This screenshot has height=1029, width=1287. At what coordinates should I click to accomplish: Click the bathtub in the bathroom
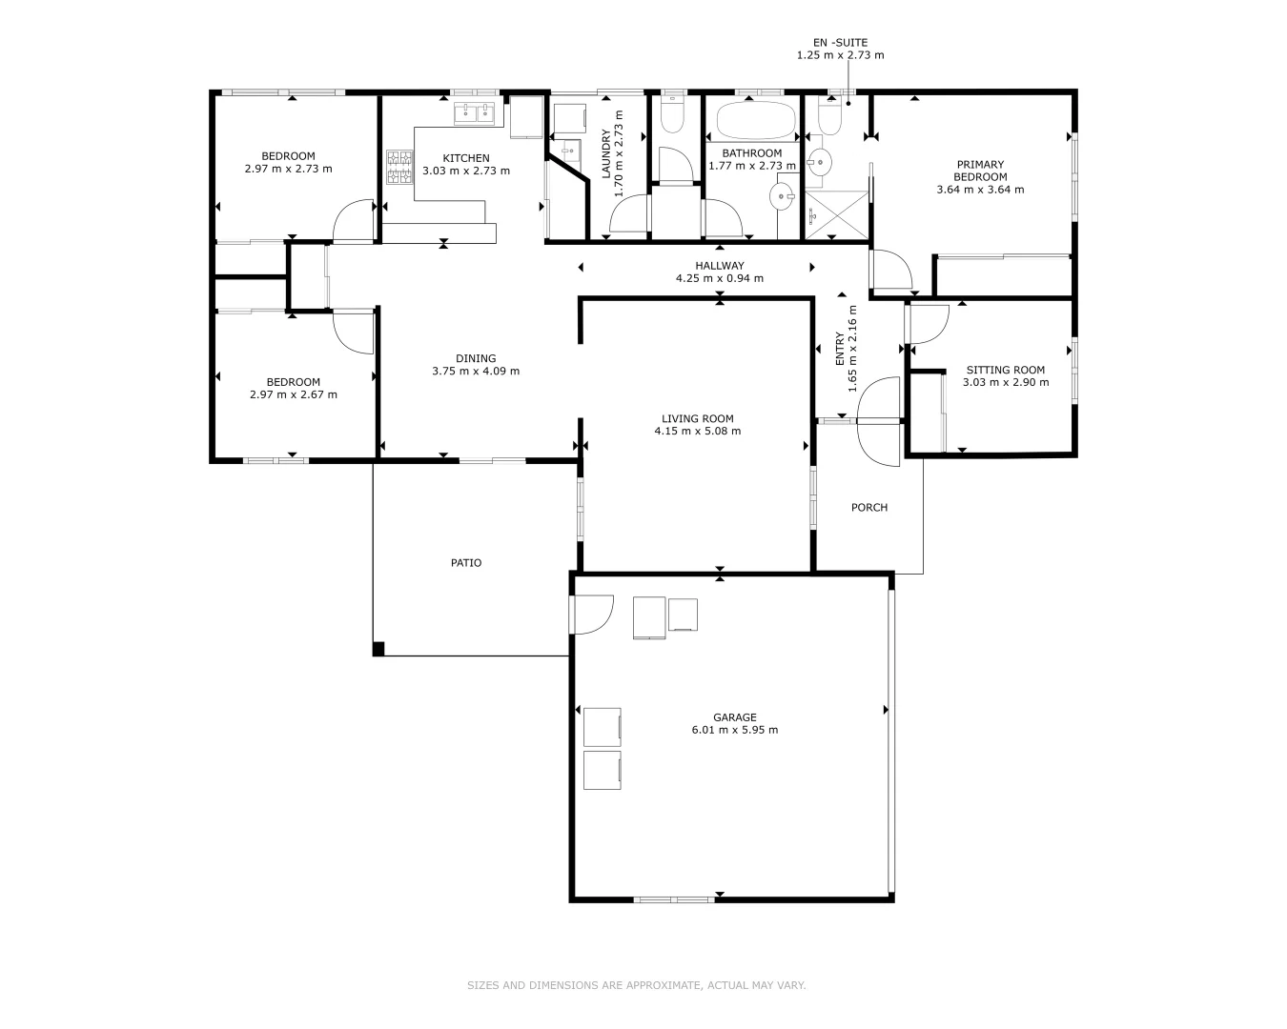click(x=755, y=122)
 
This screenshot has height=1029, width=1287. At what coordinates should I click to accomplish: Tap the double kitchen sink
click(x=477, y=114)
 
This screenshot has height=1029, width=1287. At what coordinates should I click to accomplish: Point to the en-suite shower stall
click(x=836, y=214)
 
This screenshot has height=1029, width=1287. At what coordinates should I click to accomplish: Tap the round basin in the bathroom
click(x=783, y=198)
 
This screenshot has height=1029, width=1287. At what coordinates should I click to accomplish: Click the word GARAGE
click(x=734, y=717)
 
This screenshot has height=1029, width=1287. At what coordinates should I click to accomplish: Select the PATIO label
click(x=466, y=563)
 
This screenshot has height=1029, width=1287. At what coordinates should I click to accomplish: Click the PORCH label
click(x=868, y=508)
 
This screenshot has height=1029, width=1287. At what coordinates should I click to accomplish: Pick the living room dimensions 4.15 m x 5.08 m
click(x=697, y=431)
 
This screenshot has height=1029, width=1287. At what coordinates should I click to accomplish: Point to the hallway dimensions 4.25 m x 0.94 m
click(x=719, y=279)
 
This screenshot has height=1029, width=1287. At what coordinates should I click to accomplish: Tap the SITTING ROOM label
click(x=1005, y=370)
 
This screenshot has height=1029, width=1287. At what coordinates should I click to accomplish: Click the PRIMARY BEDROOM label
click(x=980, y=171)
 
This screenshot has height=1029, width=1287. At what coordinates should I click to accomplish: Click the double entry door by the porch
click(x=878, y=421)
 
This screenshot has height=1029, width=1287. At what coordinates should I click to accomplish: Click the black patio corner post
click(x=378, y=649)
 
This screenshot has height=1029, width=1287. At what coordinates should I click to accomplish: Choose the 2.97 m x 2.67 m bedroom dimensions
click(x=293, y=394)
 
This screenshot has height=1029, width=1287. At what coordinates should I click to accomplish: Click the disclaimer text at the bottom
click(x=636, y=985)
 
